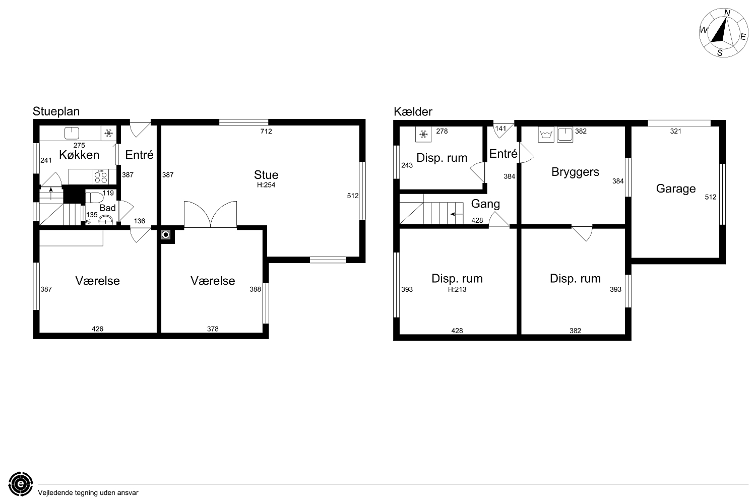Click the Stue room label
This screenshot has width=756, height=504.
pos(266,175)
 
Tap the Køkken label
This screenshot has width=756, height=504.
pos(79,155)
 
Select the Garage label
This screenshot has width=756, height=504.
pos(676,188)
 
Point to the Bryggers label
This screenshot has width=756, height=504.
pos(575,172)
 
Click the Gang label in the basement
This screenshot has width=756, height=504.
pos(485,204)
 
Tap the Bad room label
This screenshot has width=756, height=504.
pos(107,208)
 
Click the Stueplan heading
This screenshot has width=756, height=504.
pos(56,111)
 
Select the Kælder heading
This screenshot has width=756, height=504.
pos(413,111)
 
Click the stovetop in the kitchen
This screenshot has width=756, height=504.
pos(101,176)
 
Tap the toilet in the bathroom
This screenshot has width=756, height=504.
pos(94,198)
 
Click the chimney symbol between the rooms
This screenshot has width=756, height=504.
pos(166,235)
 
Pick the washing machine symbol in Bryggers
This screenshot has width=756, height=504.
pos(546,135)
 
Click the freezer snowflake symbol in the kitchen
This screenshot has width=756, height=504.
pos(108,134)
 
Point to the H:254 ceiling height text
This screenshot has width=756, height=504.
pos(266,185)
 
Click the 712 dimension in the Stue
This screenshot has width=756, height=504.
pos(266,132)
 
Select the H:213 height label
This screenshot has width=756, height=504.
pos(457,289)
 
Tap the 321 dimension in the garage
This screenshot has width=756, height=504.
pos(676,132)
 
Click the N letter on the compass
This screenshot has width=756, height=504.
pos(727,13)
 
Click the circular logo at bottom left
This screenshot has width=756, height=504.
pos(21,484)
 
